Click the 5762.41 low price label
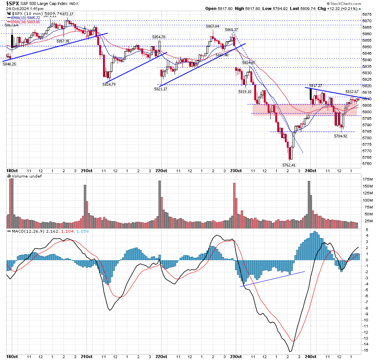(x=289, y=165)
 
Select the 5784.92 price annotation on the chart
(x=340, y=136)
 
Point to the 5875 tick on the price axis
(x=366, y=15)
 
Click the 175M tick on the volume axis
(x=368, y=179)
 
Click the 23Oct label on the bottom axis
(x=237, y=357)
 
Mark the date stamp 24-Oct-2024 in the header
(x=19, y=8)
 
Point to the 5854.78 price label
(x=158, y=37)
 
